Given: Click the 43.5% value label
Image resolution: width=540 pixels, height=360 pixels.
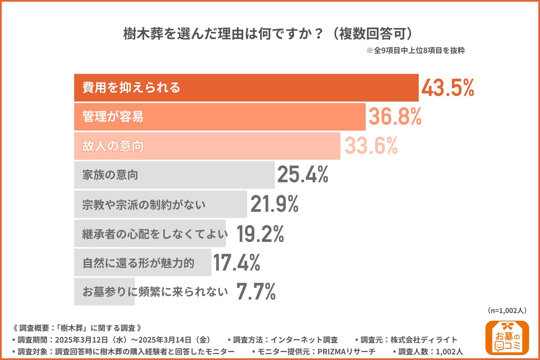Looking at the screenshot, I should [x=447, y=88].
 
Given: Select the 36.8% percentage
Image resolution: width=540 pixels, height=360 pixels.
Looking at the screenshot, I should [x=395, y=117].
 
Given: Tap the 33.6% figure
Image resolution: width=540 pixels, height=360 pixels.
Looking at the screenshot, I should [x=371, y=146].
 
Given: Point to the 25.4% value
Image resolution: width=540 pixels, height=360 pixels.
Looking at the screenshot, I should [x=303, y=175].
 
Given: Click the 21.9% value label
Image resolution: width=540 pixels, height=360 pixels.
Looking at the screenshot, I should [x=274, y=204].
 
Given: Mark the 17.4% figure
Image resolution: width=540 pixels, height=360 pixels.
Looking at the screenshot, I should [x=237, y=263].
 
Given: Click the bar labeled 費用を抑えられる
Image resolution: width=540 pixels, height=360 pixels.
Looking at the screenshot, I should [x=246, y=88].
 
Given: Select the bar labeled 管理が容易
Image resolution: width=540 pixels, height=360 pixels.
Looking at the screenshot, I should [x=219, y=117].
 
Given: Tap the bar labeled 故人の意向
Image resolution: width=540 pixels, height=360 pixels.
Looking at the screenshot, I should [x=207, y=146].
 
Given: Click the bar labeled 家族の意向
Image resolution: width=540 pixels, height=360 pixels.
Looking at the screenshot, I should [x=174, y=175].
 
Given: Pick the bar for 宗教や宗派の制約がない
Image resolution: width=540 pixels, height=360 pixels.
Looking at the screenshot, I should [x=160, y=204].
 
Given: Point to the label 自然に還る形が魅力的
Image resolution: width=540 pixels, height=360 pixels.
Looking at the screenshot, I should [x=138, y=263].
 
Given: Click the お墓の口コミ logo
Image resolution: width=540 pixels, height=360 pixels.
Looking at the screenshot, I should [x=507, y=338].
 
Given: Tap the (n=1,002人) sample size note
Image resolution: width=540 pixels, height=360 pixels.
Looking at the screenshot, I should [x=507, y=310].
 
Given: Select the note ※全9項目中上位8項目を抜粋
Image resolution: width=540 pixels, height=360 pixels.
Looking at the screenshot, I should [x=415, y=51].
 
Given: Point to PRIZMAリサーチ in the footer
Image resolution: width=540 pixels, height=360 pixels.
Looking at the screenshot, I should [x=346, y=352].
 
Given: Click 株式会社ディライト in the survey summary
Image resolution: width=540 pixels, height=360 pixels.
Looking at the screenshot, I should [x=424, y=340].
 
